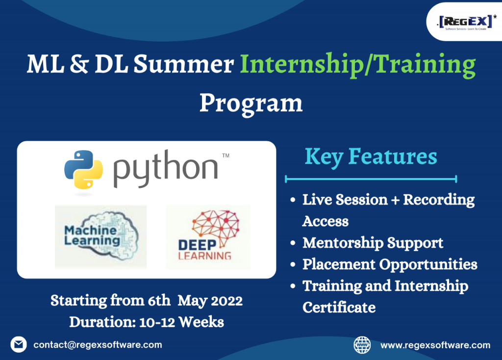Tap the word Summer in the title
(x=183, y=64)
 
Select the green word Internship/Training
(x=357, y=65)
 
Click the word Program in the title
(x=251, y=104)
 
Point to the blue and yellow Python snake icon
(x=83, y=169)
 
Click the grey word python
(x=166, y=169)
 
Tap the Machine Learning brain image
(x=100, y=237)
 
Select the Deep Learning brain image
(x=208, y=237)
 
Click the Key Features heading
(x=371, y=157)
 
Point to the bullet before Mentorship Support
(x=293, y=243)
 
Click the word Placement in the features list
(x=339, y=264)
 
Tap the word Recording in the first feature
(x=439, y=200)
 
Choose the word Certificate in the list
(x=339, y=308)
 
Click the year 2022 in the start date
(x=226, y=301)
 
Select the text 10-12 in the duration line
(x=157, y=322)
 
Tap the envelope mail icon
(x=19, y=345)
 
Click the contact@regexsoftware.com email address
(x=98, y=345)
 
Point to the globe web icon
(x=362, y=345)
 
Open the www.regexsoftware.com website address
(x=435, y=345)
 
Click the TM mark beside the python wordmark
(x=226, y=155)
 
